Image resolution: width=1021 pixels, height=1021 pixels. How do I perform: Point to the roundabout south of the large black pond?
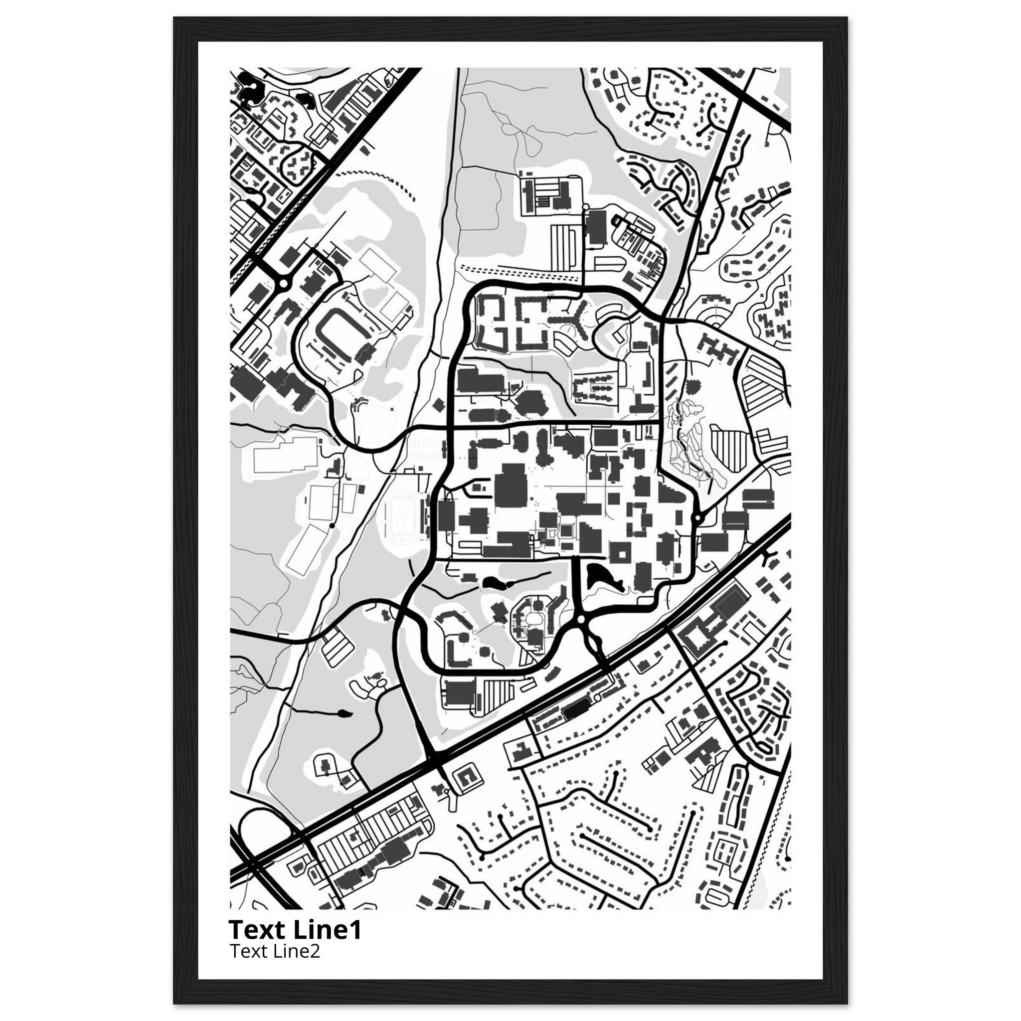(x=581, y=619)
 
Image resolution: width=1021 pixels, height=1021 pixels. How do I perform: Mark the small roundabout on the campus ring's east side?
(x=697, y=518)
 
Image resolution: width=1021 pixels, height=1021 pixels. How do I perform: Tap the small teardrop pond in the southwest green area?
(x=344, y=714)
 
